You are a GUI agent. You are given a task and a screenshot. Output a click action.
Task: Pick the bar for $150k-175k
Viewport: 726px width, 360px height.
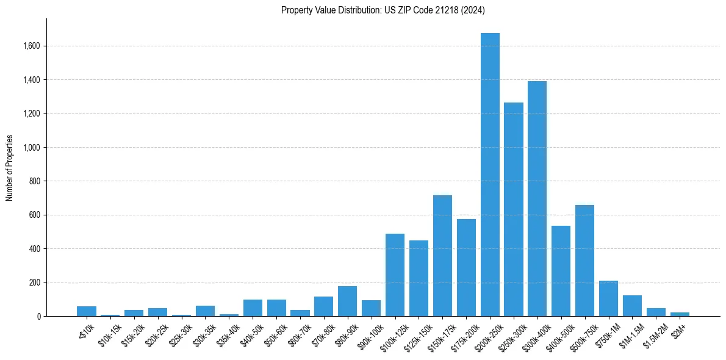click(442, 256)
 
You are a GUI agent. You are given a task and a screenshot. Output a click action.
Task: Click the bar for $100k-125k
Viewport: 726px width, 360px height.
click(395, 275)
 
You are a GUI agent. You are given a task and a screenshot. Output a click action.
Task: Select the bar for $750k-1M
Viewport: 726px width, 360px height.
click(608, 298)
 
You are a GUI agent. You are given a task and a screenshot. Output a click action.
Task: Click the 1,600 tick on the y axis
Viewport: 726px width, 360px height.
click(32, 46)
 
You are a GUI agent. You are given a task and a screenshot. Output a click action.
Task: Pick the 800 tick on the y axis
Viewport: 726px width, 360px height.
click(35, 181)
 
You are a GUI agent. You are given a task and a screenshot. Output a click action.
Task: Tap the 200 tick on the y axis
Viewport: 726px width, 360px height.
click(35, 283)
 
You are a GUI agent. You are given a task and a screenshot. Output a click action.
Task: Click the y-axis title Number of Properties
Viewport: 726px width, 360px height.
click(10, 168)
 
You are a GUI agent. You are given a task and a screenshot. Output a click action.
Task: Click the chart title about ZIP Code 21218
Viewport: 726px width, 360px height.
click(383, 10)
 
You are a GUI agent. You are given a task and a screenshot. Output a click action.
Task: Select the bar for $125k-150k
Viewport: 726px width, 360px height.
click(419, 278)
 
